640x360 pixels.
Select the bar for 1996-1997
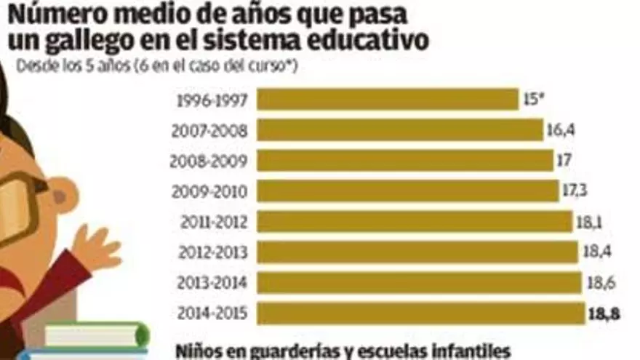click(387, 100)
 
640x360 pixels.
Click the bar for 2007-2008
click(400, 130)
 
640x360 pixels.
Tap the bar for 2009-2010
click(408, 191)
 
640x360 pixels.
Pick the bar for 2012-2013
click(418, 252)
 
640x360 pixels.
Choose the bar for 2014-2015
click(420, 313)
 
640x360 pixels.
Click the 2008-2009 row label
click(209, 161)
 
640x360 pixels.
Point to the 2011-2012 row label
click(211, 222)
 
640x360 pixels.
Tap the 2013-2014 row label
click(211, 283)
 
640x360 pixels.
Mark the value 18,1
click(591, 222)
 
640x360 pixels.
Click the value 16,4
click(559, 130)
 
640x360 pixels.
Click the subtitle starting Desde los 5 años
click(157, 67)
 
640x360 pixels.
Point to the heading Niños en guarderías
click(342, 351)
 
